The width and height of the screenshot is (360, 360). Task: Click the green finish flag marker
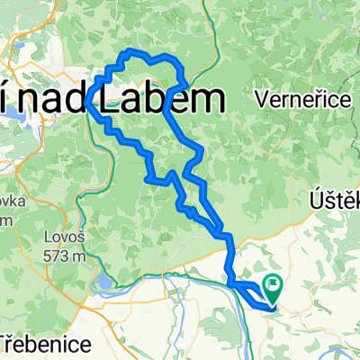coord(272,287)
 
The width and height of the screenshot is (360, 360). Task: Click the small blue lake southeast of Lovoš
coord(103,286)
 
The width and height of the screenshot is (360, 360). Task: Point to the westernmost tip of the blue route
coord(89,106)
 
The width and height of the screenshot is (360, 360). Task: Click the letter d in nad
coord(72,99)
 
